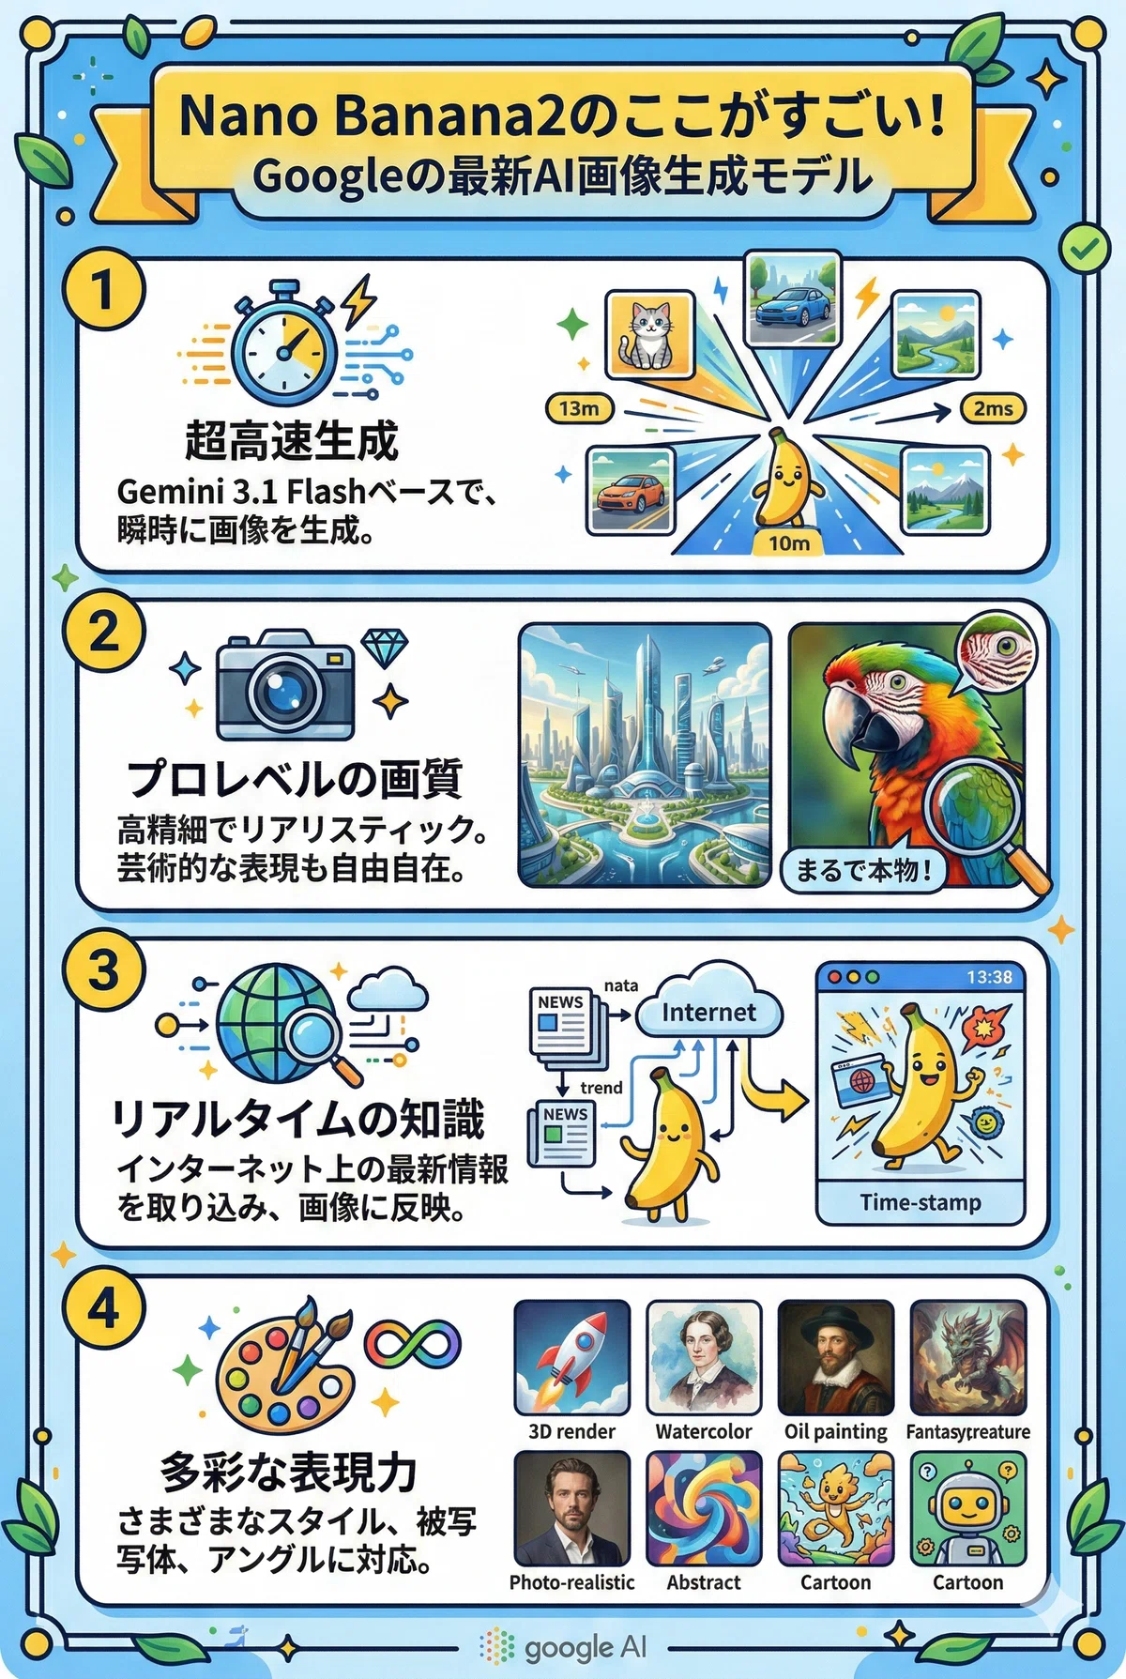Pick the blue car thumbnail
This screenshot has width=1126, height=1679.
coord(791,298)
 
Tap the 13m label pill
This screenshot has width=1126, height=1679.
coord(580,408)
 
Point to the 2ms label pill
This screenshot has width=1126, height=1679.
coord(993,408)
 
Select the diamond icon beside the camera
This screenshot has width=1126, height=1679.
coord(385,648)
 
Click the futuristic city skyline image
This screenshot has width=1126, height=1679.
coord(645,756)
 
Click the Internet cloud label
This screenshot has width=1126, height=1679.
coord(708,1012)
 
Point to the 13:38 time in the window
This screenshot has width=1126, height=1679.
coord(989,977)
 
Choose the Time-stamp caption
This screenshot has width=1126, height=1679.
coord(921,1202)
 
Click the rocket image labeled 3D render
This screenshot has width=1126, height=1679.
coord(571,1357)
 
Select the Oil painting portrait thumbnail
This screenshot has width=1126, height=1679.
coord(835,1357)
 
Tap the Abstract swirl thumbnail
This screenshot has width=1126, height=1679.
coord(704,1508)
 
